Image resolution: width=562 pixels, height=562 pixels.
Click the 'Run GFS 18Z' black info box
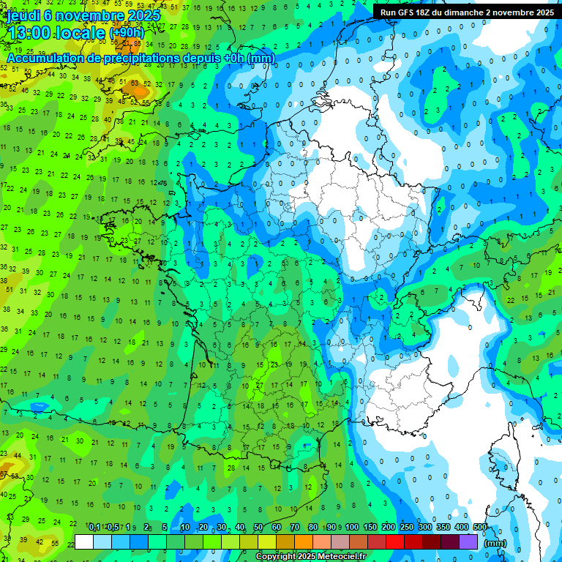pos(467,12)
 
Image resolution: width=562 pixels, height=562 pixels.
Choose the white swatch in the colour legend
pos(84,542)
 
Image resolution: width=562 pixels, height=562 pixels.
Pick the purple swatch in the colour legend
pos(469,542)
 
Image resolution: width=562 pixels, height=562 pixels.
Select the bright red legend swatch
pos(395,542)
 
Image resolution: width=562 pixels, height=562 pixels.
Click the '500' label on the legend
pos(480,528)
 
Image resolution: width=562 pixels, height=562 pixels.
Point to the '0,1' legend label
pos(94,528)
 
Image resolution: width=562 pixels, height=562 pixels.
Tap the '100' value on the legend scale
pos(351,528)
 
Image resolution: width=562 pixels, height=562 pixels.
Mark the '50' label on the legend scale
pos(258,528)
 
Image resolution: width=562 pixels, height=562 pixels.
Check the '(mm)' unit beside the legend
pos(496,543)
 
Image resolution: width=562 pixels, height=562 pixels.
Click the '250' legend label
pos(406,528)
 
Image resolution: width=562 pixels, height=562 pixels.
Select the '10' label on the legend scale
pos(184,528)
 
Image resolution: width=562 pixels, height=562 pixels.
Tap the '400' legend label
pos(461,528)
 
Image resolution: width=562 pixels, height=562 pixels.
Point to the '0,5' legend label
pos(113,528)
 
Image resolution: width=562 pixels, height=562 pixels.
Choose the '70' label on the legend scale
pos(295,528)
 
